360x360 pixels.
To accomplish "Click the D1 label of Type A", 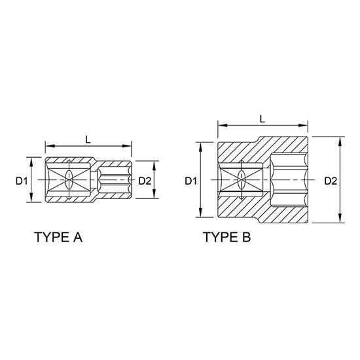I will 21,181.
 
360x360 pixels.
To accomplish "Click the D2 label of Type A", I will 145,181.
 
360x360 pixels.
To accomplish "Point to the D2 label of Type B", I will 330,181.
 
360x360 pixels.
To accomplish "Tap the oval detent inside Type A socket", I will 69,180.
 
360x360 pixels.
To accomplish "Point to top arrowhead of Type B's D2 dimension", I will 340,139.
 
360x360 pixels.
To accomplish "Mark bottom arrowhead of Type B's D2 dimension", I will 340,221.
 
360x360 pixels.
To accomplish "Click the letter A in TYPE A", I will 77,237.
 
